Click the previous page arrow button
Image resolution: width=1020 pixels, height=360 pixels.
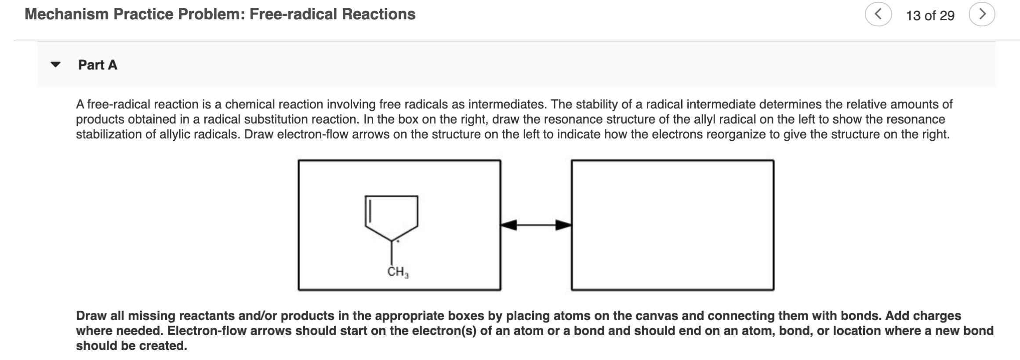(878, 15)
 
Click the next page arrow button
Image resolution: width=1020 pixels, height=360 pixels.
(982, 15)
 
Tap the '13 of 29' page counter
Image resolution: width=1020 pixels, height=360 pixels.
(930, 16)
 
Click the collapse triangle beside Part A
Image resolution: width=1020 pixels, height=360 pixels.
(55, 65)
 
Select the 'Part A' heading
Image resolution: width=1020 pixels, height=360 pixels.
(98, 65)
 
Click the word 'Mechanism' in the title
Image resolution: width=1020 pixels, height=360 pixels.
(66, 14)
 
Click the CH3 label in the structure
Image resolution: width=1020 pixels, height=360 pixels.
(398, 272)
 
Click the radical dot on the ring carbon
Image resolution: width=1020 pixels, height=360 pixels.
(398, 241)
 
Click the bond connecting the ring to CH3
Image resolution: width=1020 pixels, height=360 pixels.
(392, 253)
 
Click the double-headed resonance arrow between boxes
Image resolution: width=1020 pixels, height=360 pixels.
(536, 225)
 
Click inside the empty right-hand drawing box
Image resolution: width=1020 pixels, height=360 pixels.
(672, 225)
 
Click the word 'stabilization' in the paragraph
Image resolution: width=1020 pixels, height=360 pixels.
(109, 135)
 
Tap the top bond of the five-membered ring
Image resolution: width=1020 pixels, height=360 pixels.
(392, 196)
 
